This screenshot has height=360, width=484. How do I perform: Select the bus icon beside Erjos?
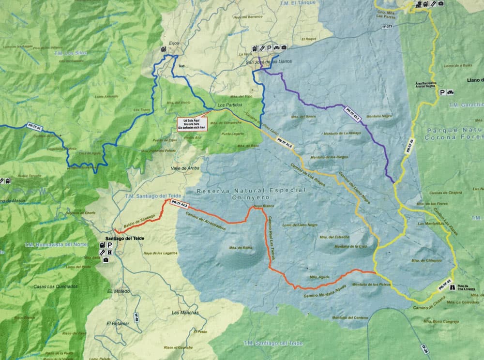(164, 49)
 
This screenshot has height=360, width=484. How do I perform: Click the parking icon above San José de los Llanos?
(268, 48)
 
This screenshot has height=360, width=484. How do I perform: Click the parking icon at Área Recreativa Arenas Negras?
(441, 92)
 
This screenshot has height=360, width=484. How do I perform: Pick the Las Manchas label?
(185, 313)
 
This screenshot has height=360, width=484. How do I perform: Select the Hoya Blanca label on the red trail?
(257, 206)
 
